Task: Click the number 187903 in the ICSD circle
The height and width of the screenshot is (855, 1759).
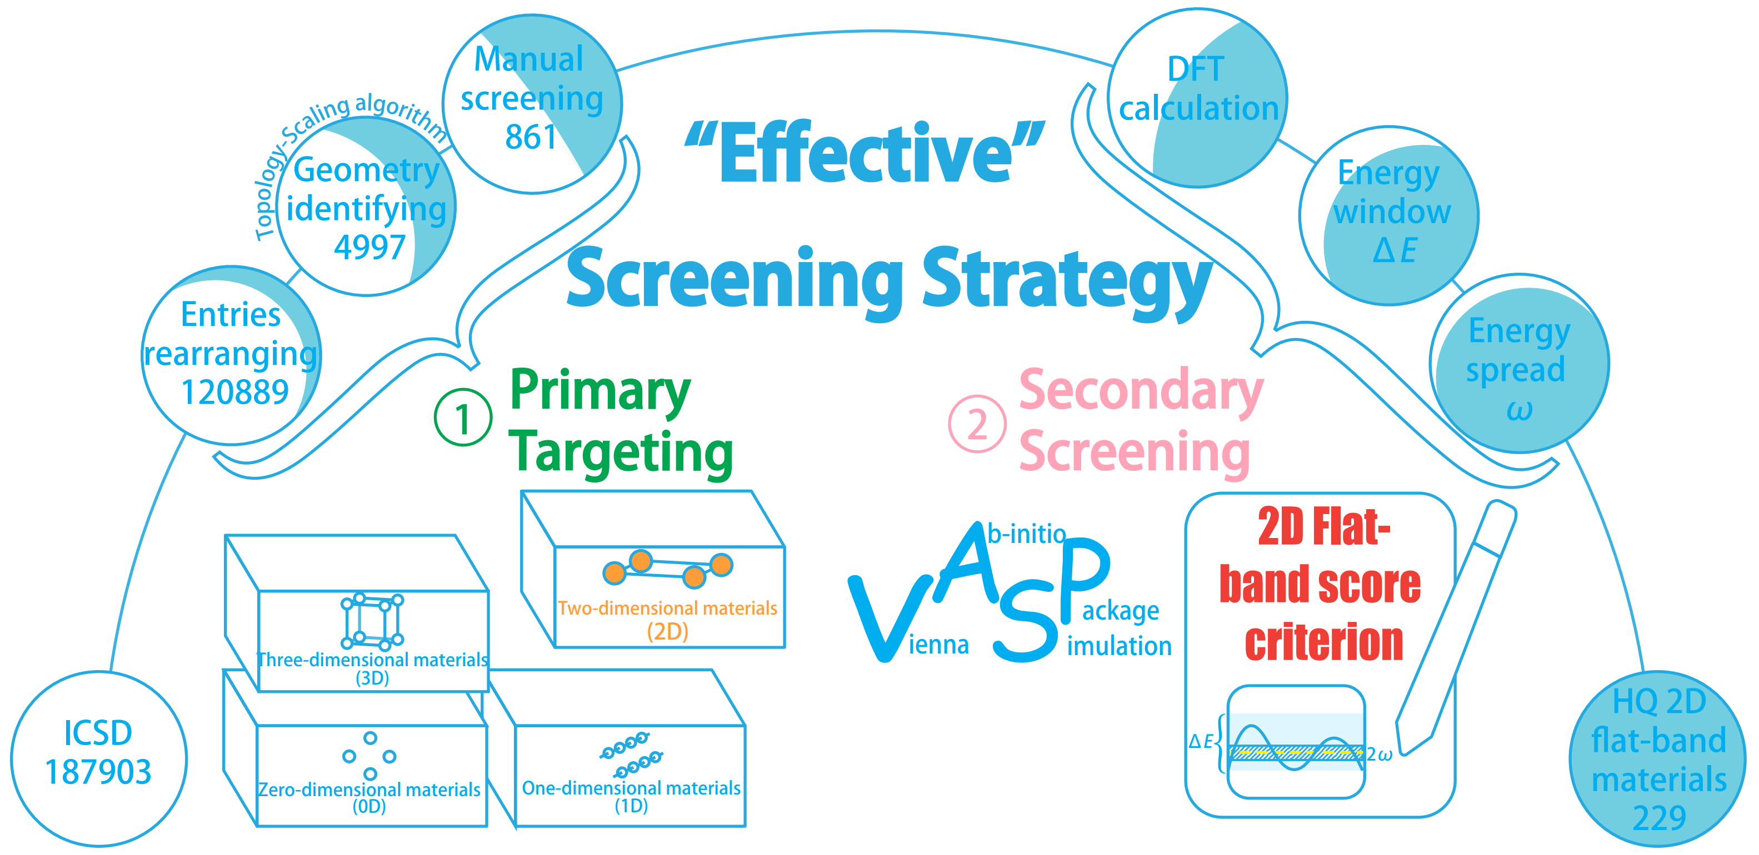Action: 98,772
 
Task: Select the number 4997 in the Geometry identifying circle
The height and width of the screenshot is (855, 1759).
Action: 369,247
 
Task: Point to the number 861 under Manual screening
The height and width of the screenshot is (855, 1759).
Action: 531,137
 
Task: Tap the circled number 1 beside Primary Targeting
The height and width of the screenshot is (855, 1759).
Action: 463,418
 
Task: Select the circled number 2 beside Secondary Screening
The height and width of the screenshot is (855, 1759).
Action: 977,424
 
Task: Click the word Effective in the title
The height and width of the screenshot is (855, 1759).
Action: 864,154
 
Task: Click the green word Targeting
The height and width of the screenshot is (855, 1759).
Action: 621,452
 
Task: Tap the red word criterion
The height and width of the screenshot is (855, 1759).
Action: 1323,642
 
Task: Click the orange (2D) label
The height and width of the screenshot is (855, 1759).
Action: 667,631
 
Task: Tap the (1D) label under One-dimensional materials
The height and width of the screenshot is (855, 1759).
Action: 631,806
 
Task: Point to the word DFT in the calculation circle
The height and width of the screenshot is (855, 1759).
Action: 1196,69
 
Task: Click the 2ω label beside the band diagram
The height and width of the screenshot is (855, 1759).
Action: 1380,755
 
